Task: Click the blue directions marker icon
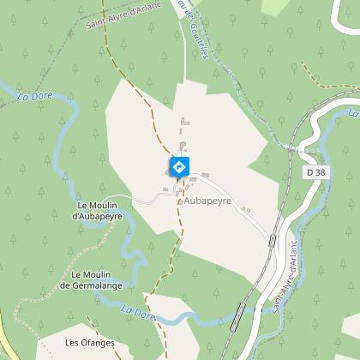point(179,166)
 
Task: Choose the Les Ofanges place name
point(88,342)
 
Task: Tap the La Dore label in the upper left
point(35,97)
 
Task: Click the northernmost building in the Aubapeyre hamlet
point(185,119)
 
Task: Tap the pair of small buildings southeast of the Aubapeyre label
point(246,209)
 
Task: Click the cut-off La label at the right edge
point(352,112)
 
